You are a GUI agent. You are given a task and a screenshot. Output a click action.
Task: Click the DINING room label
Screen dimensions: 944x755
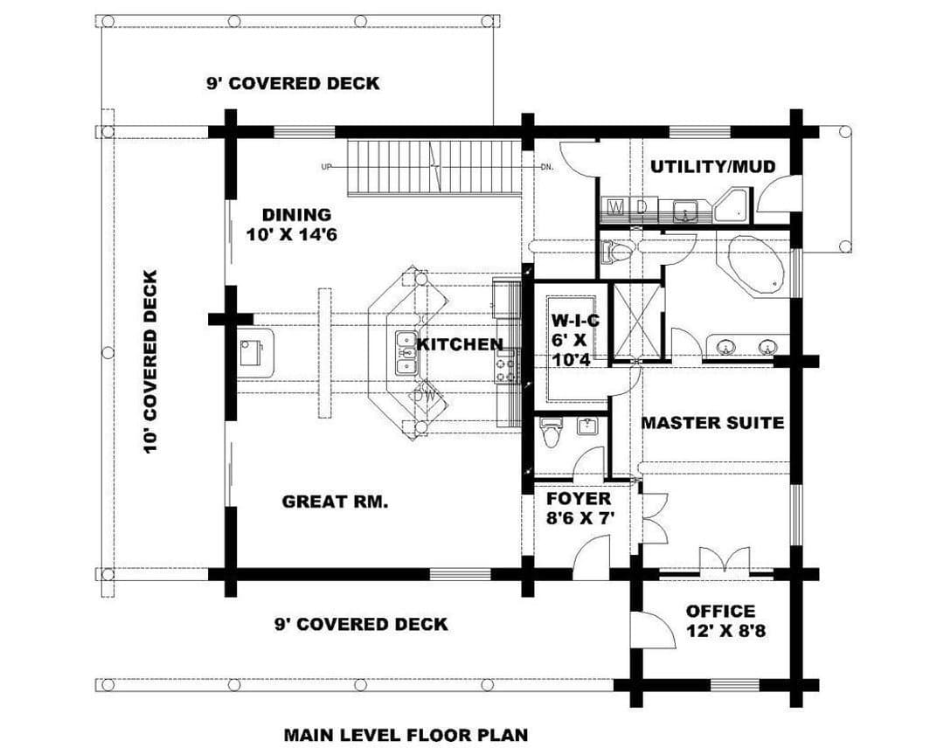pyautogui.click(x=297, y=214)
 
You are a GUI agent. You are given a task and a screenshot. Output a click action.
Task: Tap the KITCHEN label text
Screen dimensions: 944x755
pyautogui.click(x=460, y=344)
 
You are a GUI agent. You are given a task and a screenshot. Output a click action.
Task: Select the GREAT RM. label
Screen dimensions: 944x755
pyautogui.click(x=335, y=502)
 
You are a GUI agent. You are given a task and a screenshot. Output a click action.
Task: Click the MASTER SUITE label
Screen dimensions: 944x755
pyautogui.click(x=713, y=423)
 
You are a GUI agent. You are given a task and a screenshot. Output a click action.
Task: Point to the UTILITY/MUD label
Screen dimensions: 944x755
pyautogui.click(x=713, y=166)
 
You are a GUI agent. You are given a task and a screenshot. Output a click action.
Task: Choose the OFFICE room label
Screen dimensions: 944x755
pyautogui.click(x=720, y=611)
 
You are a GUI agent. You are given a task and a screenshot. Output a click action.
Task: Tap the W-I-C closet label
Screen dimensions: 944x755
pyautogui.click(x=575, y=321)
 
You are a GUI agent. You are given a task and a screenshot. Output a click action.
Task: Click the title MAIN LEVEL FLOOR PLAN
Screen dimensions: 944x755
pyautogui.click(x=406, y=735)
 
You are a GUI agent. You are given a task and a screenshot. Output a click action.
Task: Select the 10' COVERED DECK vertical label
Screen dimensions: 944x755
pyautogui.click(x=150, y=362)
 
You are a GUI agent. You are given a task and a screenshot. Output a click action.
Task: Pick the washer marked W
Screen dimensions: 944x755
pyautogui.click(x=616, y=208)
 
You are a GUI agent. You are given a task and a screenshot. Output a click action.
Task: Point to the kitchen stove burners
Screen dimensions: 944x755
pyautogui.click(x=507, y=366)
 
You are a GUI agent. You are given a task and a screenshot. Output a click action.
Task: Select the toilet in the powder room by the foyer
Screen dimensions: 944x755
pyautogui.click(x=551, y=433)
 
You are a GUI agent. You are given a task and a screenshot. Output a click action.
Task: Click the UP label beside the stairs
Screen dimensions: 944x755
pyautogui.click(x=326, y=167)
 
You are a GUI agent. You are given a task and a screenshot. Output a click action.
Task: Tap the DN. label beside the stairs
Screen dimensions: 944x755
pyautogui.click(x=546, y=167)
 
